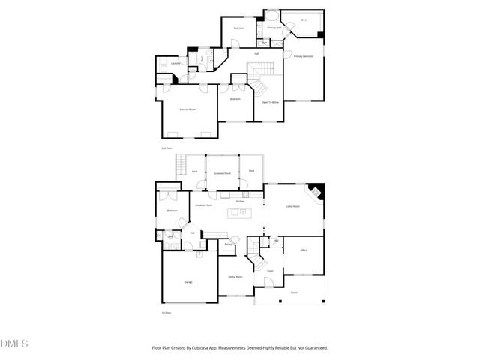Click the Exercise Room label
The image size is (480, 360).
[187, 109]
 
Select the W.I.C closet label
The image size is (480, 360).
[304, 20]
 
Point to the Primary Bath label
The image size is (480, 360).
[274, 28]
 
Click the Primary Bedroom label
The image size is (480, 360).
[303, 56]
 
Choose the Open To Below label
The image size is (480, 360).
[270, 101]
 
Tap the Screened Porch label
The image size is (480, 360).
[222, 172]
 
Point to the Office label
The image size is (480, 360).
[304, 250]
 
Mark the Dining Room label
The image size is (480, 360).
[235, 276]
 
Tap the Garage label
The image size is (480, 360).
[188, 281]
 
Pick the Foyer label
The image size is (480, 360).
[269, 270]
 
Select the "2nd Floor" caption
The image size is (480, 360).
[166, 148]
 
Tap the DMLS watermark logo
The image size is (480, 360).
[14, 343]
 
